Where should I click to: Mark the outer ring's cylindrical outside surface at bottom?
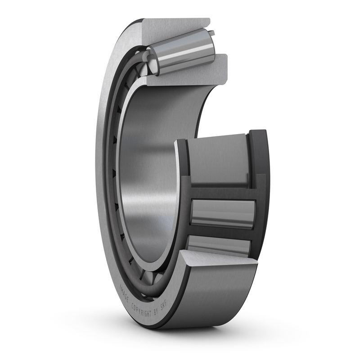click(x=211, y=297)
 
